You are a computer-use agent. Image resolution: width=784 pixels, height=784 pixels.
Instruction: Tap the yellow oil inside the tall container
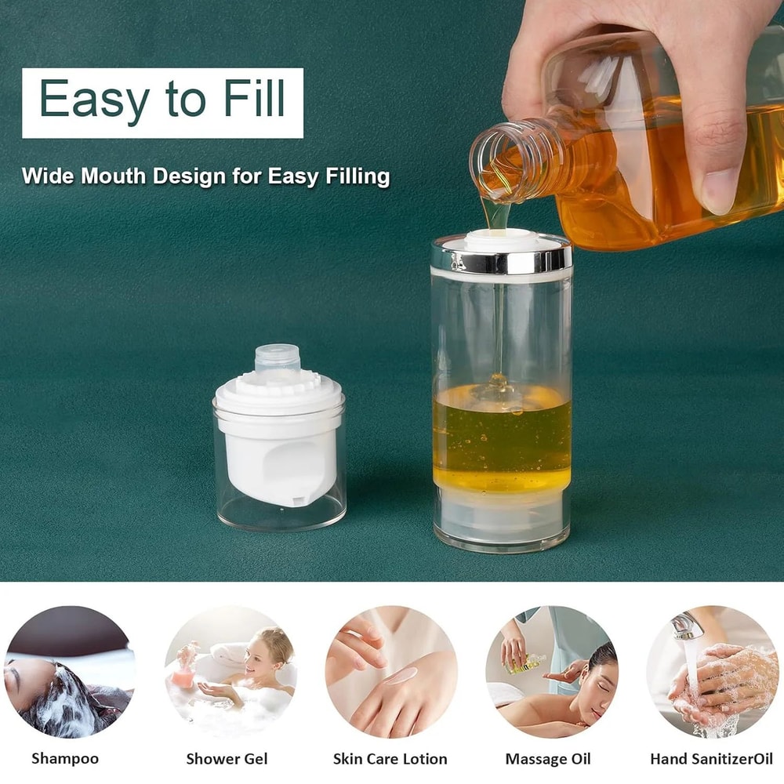click(502, 439)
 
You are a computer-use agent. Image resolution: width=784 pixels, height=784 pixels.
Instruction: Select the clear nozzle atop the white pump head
click(278, 358)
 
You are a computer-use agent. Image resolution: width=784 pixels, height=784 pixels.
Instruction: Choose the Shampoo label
click(65, 758)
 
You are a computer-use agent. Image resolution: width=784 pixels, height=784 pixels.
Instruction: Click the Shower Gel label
click(227, 758)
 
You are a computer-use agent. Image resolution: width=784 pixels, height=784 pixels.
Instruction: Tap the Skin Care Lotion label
click(390, 758)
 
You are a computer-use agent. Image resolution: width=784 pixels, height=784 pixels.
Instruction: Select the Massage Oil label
click(548, 758)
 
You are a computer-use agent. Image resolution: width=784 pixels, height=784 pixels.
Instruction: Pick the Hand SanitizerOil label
click(711, 758)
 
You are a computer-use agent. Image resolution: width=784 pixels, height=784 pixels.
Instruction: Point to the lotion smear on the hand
click(401, 675)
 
